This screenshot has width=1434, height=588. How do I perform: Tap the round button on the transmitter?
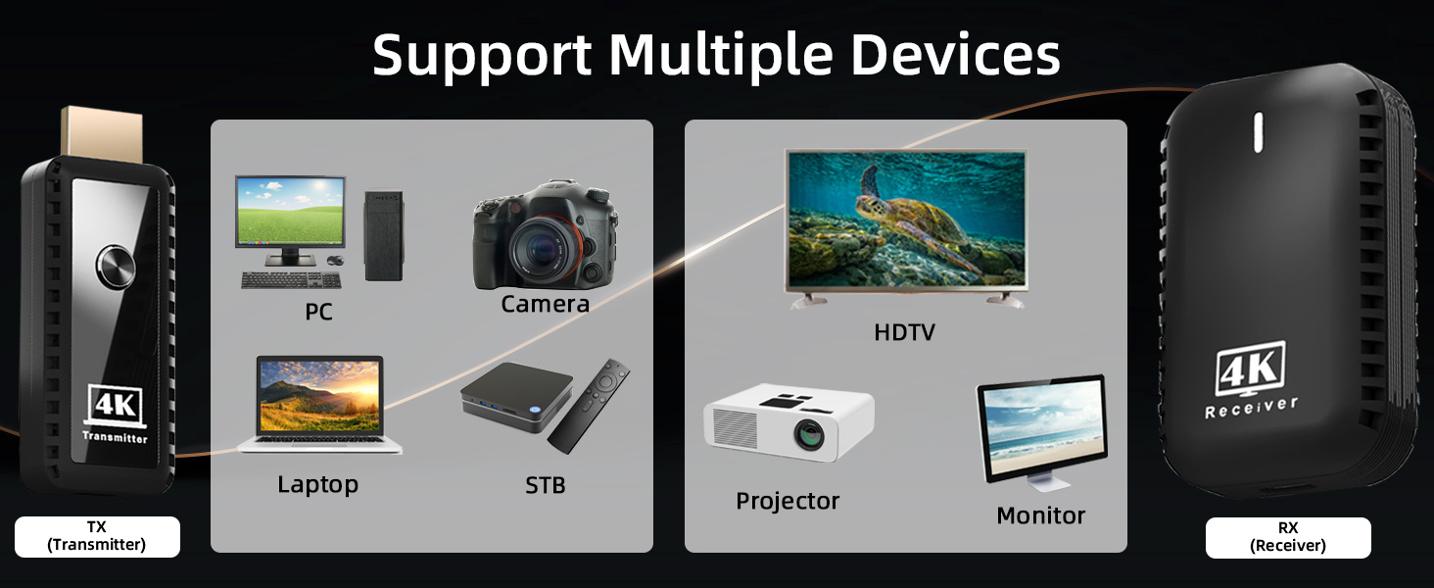(x=117, y=269)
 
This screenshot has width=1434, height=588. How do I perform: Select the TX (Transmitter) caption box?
(x=97, y=537)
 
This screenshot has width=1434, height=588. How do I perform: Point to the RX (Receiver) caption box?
(x=1288, y=538)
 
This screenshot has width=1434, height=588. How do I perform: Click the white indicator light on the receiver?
(x=1259, y=132)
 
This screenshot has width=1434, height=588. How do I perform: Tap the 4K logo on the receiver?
(x=1251, y=370)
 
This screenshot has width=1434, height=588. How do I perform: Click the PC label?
(x=318, y=312)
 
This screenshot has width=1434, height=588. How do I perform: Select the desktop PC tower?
(x=383, y=235)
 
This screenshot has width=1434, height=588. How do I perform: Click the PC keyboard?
(x=291, y=280)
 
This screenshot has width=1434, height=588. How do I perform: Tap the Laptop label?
(x=317, y=484)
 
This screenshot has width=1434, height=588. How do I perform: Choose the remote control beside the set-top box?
(x=590, y=404)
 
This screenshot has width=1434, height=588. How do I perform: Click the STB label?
(x=546, y=484)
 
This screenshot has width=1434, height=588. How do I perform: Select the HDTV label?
(x=904, y=332)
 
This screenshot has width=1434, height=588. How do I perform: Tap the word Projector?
(x=788, y=501)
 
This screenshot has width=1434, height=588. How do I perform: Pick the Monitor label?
(x=1040, y=515)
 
